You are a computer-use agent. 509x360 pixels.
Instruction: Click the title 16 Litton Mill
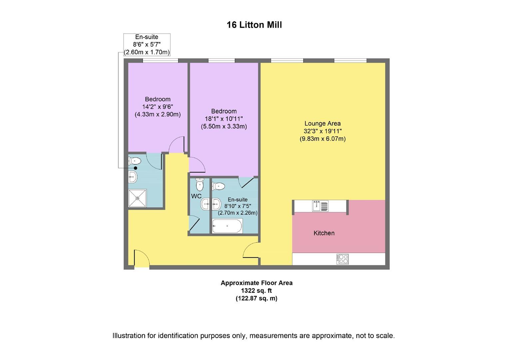(254, 25)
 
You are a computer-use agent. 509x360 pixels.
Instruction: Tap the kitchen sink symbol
(320, 206)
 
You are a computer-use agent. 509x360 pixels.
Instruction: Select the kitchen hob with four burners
(342, 259)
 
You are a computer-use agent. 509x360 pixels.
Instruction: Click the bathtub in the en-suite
(227, 226)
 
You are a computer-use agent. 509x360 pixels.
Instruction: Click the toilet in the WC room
(200, 184)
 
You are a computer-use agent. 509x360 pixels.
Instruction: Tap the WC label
(196, 196)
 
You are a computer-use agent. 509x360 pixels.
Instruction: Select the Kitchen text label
(324, 233)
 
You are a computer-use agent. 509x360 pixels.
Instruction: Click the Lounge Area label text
(322, 123)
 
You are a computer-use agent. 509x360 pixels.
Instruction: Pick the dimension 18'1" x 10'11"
(224, 119)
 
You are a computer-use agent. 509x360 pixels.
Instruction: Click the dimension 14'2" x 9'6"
(158, 107)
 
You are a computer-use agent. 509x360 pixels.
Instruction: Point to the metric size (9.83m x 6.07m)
(322, 139)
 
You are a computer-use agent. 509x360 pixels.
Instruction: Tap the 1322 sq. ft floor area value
(256, 291)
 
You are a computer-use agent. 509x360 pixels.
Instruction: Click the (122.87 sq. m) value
(256, 298)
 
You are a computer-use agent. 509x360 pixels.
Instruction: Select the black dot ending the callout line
(136, 168)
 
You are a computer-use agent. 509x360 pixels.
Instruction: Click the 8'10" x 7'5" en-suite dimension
(238, 206)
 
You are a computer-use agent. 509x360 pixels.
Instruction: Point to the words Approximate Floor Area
(256, 283)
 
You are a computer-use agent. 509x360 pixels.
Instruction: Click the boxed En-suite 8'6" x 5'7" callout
(147, 45)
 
